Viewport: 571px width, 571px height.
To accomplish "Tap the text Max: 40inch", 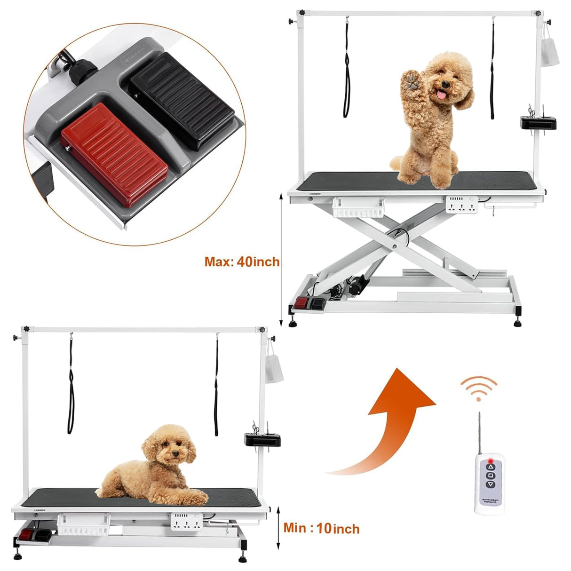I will point(242,262).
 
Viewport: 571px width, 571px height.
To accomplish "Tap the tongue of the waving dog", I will point(441,95).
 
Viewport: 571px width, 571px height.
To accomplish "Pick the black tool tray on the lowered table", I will point(262,439).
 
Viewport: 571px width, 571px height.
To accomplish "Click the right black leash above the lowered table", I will point(217,386).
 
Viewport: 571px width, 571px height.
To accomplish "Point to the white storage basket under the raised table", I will point(358,207).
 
